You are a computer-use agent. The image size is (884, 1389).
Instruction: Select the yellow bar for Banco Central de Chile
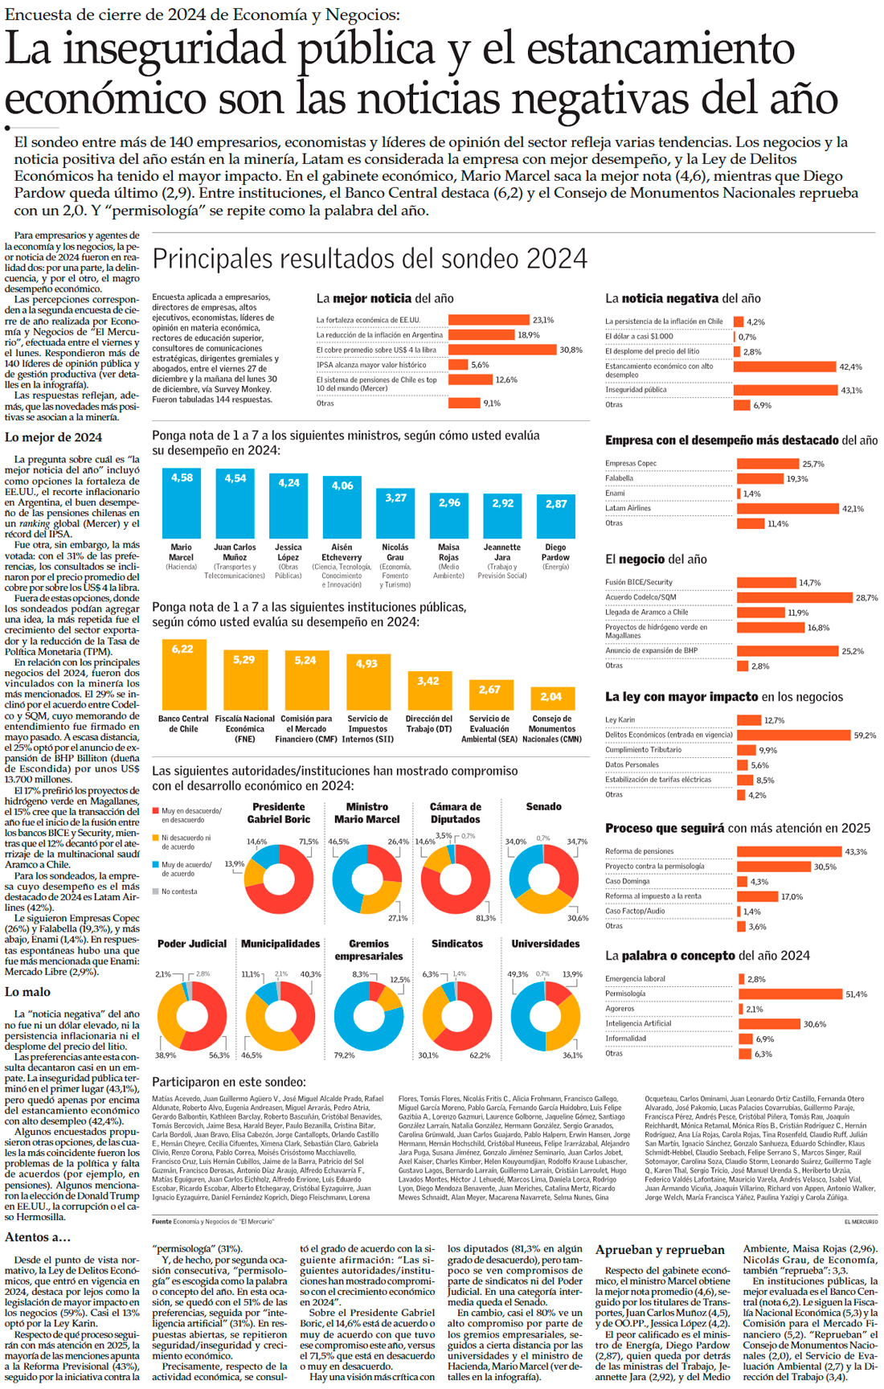183,674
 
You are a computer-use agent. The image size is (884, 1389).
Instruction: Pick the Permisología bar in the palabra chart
790,994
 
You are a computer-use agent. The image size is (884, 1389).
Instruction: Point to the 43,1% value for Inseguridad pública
851,391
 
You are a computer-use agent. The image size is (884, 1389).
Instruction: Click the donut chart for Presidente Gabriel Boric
279,879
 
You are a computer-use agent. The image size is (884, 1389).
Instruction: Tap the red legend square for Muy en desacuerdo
156,812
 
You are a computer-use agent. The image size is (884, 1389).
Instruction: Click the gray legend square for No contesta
156,891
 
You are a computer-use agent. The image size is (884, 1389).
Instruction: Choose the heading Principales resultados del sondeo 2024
370,259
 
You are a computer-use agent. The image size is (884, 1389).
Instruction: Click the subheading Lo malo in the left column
27,993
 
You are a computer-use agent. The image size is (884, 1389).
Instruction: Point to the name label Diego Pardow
555,552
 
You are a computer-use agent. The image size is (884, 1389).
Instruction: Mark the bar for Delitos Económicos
793,735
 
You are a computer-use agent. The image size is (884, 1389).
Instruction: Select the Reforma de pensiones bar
788,851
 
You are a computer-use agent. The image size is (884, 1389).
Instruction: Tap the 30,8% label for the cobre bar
571,350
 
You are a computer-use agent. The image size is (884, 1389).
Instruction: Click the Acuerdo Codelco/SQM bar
794,597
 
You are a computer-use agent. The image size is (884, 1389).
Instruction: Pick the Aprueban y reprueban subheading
660,1250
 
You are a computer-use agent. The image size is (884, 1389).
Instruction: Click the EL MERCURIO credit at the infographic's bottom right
860,1222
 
